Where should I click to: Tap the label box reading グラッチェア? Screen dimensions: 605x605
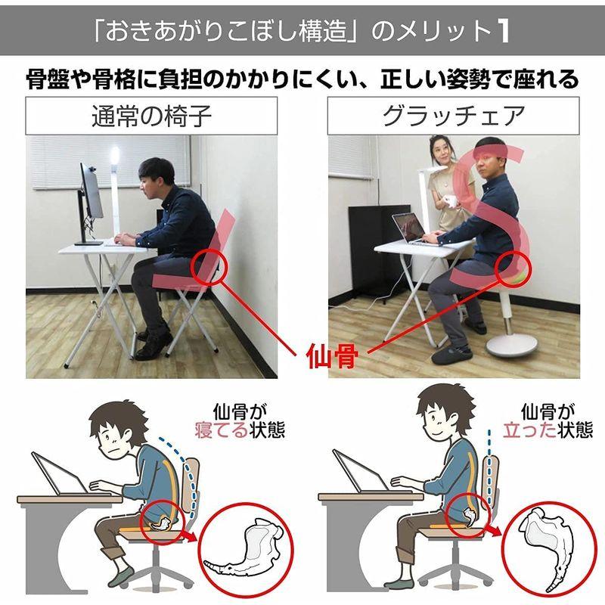453,116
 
